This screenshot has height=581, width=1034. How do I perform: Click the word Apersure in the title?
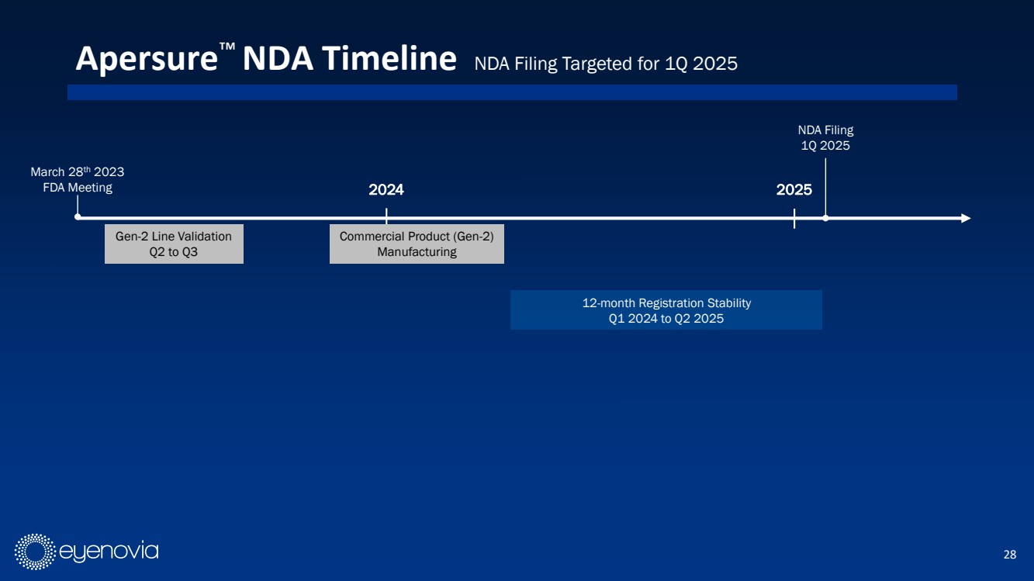tap(147, 60)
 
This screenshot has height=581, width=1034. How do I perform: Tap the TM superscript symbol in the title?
tap(227, 47)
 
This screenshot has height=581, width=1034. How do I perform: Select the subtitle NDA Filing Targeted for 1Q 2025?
tap(606, 64)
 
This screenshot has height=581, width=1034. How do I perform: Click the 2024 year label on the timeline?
tap(386, 190)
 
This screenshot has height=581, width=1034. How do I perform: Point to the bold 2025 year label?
tap(794, 190)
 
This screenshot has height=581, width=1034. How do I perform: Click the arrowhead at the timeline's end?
tap(966, 218)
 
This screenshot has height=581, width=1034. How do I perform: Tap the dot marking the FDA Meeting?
tap(78, 217)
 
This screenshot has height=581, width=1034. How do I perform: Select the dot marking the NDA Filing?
tap(825, 218)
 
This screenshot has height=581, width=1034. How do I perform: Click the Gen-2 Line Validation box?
tap(174, 244)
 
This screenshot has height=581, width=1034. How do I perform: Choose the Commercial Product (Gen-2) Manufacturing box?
tap(417, 244)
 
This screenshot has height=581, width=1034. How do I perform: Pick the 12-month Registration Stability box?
tap(666, 310)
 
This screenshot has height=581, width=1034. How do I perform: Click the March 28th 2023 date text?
tap(78, 171)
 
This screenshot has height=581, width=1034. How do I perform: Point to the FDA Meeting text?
tap(78, 188)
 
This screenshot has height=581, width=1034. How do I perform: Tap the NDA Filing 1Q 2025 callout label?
tap(825, 137)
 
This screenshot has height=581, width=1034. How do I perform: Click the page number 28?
tap(1009, 554)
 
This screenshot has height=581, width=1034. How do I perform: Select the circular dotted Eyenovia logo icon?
tap(35, 552)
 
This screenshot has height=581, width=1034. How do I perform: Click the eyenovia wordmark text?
tap(109, 552)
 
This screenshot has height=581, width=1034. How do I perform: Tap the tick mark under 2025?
tap(794, 218)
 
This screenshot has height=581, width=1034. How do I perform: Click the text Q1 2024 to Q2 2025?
tap(666, 319)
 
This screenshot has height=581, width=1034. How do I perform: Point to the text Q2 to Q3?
tap(174, 252)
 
